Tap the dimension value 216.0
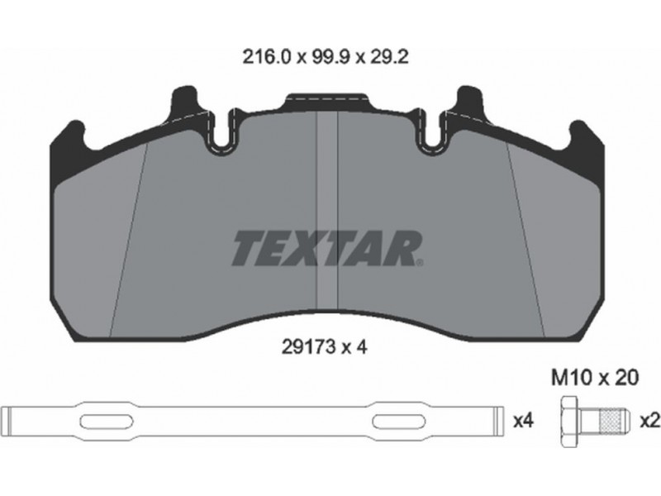click(266, 56)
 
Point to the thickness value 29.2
click(388, 56)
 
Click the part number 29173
click(307, 347)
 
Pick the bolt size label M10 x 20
click(595, 378)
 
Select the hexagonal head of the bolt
click(569, 422)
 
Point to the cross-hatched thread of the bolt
click(614, 422)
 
